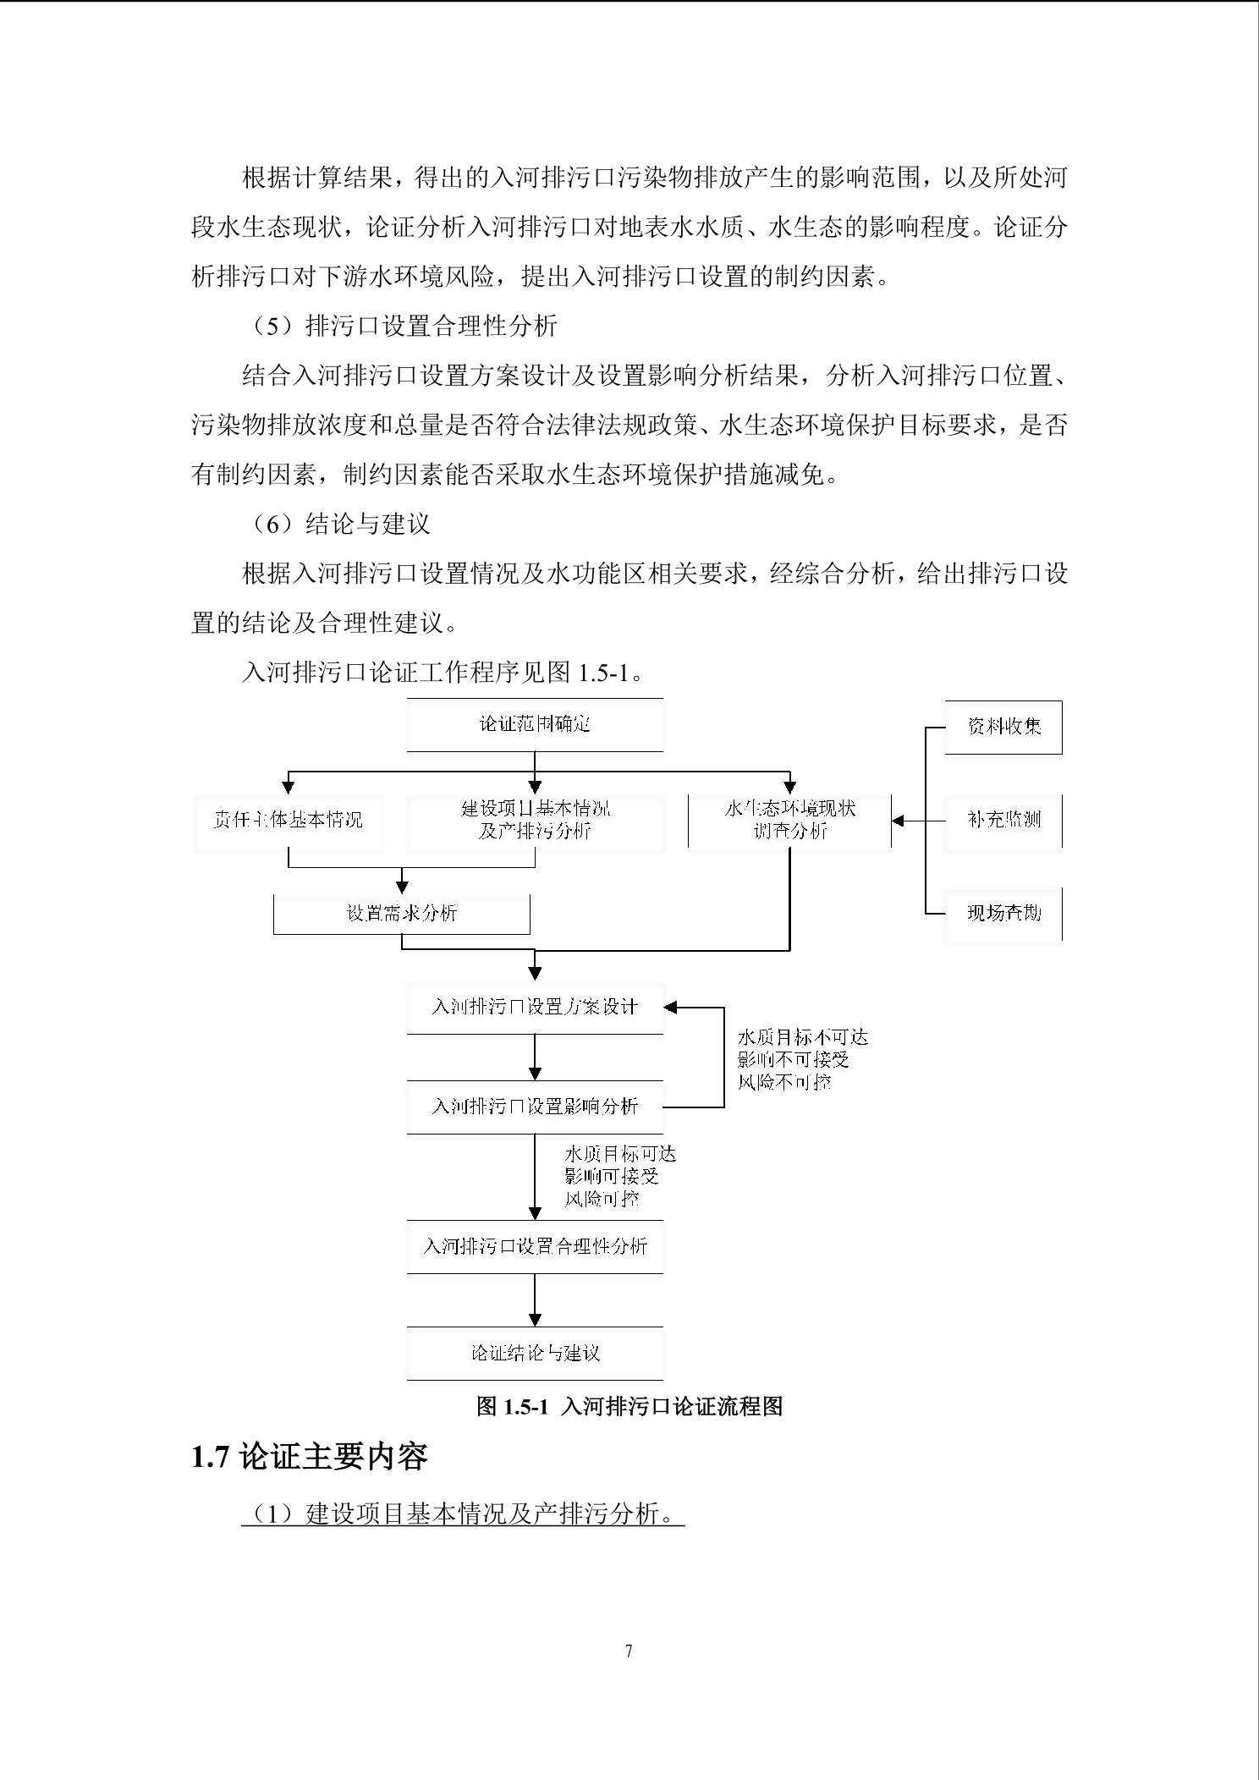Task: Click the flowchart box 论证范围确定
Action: tap(535, 724)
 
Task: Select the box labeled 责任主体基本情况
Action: tap(288, 820)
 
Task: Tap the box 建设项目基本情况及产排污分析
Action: tap(535, 820)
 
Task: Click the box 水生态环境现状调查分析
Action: tap(789, 820)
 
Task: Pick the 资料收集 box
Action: tap(1003, 727)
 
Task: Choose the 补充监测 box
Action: tap(1003, 820)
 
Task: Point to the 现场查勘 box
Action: tap(1003, 913)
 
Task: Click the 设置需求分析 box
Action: tap(401, 914)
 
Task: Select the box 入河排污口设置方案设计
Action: tap(535, 1007)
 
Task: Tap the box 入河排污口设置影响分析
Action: tap(535, 1107)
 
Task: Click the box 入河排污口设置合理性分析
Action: tap(535, 1246)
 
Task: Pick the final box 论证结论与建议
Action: tap(535, 1353)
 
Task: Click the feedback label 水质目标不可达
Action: tap(802, 1037)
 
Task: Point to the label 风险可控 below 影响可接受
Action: tap(602, 1199)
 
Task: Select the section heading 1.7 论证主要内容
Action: tap(310, 1456)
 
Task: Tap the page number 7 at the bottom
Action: tap(629, 1651)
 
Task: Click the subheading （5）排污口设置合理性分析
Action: tap(405, 327)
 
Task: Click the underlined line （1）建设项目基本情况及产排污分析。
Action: tap(463, 1514)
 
